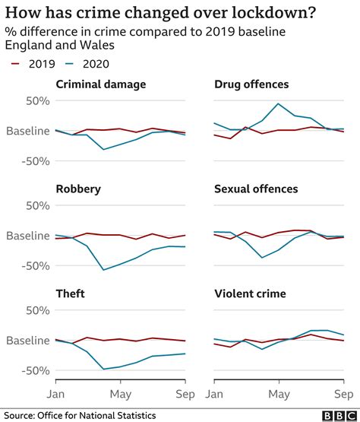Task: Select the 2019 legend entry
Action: point(33,65)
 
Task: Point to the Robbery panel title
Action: point(78,189)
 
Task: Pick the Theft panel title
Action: point(71,293)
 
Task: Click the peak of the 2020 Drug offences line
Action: point(279,103)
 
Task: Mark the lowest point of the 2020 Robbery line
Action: point(103,270)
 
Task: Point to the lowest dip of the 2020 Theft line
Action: point(103,370)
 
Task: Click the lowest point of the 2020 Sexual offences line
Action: point(262,258)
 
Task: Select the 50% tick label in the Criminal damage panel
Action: point(36,101)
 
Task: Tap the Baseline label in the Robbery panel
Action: point(28,236)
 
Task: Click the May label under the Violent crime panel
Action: point(279,394)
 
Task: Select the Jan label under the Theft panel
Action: point(56,394)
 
